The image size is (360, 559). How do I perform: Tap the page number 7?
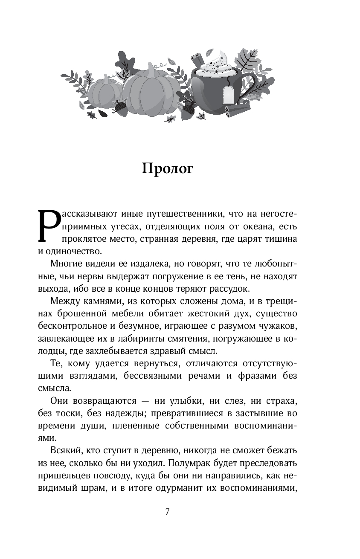168,512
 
